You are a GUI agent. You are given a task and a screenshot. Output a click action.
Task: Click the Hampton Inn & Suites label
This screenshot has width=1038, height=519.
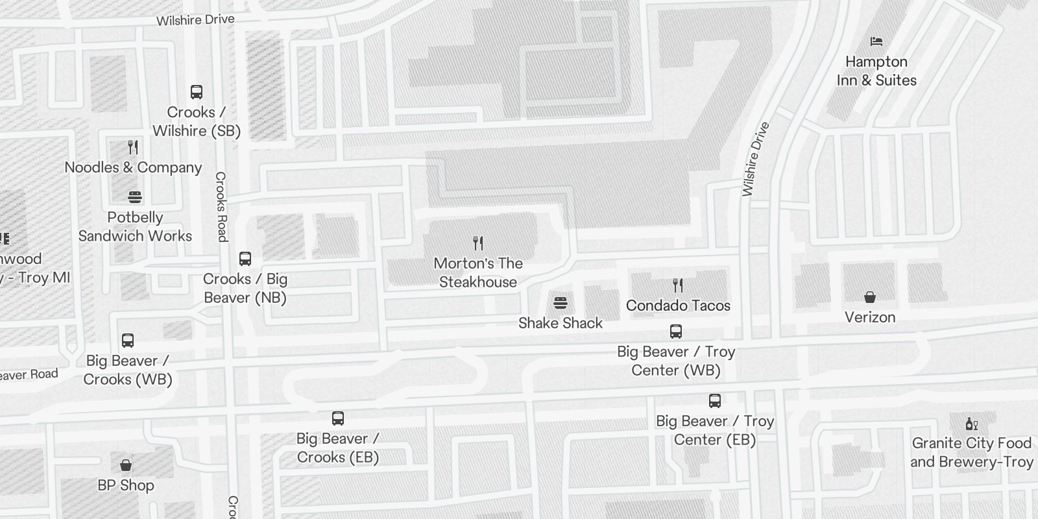[x=876, y=71]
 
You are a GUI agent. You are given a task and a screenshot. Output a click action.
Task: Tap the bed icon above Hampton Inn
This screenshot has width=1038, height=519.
[x=876, y=42]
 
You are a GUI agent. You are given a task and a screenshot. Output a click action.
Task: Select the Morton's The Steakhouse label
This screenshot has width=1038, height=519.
[x=478, y=272]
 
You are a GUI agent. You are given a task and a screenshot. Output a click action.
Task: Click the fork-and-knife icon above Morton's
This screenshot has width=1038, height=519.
[x=478, y=243]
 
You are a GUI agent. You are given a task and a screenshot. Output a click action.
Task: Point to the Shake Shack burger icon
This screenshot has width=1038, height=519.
[x=561, y=303]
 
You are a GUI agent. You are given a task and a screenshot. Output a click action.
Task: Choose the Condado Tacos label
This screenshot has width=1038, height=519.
[x=678, y=306]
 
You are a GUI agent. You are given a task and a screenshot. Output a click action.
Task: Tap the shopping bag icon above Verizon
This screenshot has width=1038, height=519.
[x=870, y=297]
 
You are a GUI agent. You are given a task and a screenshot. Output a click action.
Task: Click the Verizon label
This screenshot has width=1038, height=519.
[x=870, y=317]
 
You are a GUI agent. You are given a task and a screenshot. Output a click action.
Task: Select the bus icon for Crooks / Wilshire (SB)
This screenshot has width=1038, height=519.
[x=197, y=92]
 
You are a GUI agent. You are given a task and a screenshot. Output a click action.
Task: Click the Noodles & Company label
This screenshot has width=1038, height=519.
[x=134, y=167]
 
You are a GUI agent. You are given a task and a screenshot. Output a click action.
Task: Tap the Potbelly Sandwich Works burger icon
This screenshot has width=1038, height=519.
[x=135, y=197]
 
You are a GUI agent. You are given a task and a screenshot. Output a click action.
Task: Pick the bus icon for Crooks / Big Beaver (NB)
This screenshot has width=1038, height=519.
[x=245, y=259]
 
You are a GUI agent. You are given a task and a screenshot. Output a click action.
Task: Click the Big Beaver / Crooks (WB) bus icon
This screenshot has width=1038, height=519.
[x=128, y=341]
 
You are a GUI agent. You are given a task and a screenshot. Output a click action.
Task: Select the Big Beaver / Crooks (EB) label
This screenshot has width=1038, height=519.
[x=338, y=448]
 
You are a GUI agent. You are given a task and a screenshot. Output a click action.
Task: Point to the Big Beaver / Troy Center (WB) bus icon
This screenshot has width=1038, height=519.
[x=676, y=332]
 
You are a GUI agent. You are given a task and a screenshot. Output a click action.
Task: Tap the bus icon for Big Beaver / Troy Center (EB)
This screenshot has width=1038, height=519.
[x=715, y=401]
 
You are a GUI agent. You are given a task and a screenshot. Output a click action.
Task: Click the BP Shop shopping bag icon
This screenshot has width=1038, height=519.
[x=126, y=465]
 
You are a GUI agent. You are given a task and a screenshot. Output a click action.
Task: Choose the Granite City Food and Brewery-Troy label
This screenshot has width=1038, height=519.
[x=971, y=452]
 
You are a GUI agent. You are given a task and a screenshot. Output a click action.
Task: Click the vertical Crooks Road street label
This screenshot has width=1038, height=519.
[x=221, y=207]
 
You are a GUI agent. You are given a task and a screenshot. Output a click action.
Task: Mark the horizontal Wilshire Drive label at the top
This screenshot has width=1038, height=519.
[x=195, y=20]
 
